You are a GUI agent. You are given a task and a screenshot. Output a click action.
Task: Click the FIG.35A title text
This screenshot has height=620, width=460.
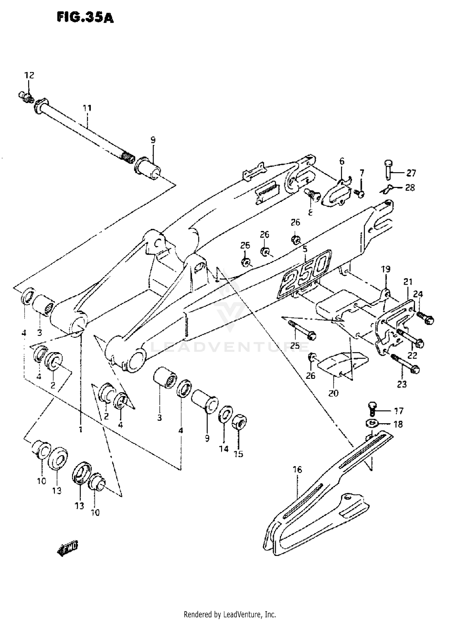[x=85, y=18]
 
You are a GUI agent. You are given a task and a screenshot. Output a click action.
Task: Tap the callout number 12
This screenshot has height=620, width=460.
[x=29, y=75]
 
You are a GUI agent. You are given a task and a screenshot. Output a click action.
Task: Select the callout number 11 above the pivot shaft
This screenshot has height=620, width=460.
[x=87, y=108]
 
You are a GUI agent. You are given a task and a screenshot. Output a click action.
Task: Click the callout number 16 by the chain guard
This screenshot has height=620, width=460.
[x=297, y=470]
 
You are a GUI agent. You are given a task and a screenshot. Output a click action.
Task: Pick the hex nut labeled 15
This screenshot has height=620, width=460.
[x=240, y=423]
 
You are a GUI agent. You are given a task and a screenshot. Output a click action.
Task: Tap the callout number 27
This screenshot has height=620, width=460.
[x=411, y=173]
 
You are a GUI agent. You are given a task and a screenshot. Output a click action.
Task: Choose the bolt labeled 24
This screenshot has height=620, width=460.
[x=426, y=318]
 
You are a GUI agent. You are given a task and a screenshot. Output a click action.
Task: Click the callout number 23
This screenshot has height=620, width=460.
[x=402, y=384]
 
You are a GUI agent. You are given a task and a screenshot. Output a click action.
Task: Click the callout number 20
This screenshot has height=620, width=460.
[x=333, y=393]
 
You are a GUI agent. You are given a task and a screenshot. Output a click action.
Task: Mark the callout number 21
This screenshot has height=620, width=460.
[x=408, y=281]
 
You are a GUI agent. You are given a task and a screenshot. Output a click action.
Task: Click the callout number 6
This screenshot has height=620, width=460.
[x=342, y=161]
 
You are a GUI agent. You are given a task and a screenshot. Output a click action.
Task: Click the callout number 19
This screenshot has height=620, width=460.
[x=385, y=269]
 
